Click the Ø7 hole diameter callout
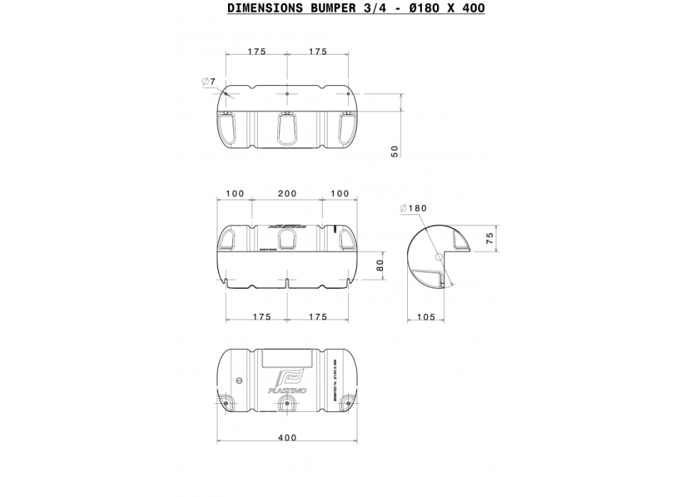[208, 82]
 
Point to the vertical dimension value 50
[395, 150]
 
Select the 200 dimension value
[287, 193]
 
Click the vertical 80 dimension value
[379, 266]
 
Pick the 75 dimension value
[489, 239]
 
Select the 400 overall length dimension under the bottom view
[286, 438]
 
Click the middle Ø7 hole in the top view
[287, 94]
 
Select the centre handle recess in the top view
[287, 128]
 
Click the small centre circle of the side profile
[438, 253]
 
